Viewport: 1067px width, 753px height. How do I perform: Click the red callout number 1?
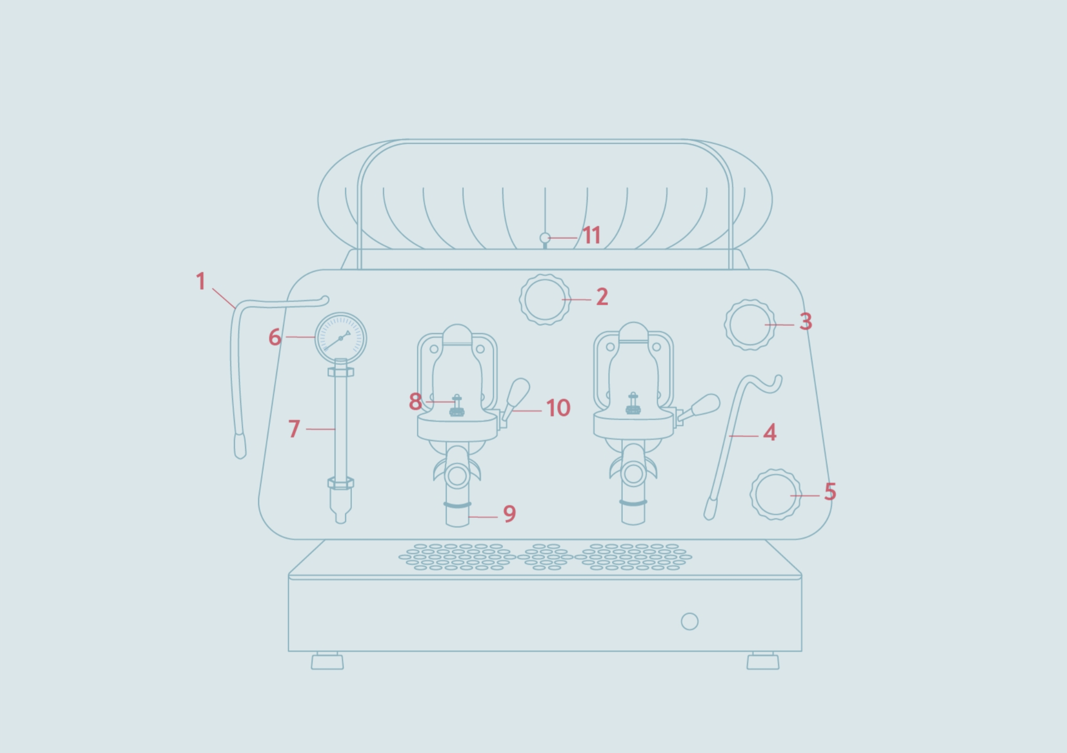click(200, 281)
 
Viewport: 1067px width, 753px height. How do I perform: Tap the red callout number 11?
click(592, 236)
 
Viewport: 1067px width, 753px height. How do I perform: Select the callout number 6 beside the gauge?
click(275, 337)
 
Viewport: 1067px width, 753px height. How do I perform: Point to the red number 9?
click(509, 513)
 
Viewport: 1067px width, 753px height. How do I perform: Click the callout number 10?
click(558, 408)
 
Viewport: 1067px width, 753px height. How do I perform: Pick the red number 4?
click(770, 432)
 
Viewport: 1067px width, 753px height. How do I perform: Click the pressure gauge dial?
click(341, 338)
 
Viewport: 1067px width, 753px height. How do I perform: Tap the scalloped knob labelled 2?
click(545, 300)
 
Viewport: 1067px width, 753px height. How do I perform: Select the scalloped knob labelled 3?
click(750, 325)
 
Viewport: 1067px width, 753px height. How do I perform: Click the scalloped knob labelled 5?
click(776, 495)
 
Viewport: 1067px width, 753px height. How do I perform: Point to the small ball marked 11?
click(545, 238)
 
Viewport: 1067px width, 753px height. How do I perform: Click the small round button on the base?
click(690, 621)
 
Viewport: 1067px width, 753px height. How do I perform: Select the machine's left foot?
click(327, 661)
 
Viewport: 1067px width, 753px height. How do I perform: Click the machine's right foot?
click(763, 661)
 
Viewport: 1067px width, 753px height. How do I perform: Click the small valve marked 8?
click(457, 406)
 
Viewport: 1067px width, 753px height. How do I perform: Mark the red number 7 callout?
click(294, 429)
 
